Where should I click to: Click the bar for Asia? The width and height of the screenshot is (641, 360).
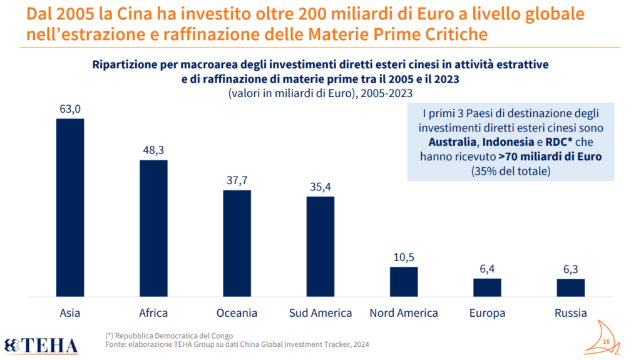click(x=70, y=207)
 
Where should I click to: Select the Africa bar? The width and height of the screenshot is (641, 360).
click(x=153, y=228)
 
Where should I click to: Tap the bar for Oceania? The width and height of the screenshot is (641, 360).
click(x=237, y=243)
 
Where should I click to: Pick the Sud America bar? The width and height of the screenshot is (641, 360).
click(x=320, y=246)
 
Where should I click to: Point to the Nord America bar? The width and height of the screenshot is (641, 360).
click(x=404, y=281)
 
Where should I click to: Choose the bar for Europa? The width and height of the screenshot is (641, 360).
click(x=487, y=287)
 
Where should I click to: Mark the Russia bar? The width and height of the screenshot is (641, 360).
click(x=570, y=287)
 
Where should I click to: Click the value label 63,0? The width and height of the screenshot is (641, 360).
click(x=70, y=109)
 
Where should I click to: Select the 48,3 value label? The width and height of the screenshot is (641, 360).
click(x=153, y=150)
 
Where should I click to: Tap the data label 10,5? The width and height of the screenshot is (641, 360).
click(x=404, y=257)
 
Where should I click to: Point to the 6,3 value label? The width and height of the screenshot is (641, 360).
click(x=570, y=269)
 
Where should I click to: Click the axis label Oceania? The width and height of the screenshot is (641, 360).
click(x=237, y=313)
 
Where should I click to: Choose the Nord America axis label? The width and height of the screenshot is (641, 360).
click(x=404, y=313)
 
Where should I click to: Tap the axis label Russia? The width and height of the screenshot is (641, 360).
click(x=570, y=313)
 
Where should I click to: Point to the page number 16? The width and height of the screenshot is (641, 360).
click(x=605, y=341)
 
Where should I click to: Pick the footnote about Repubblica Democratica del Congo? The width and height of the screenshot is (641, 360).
click(x=169, y=336)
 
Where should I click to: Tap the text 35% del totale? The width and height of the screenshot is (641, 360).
click(x=510, y=171)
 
